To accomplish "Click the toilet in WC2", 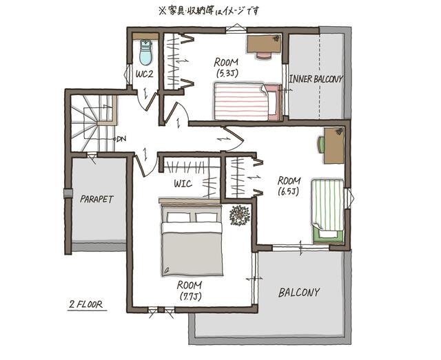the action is pyautogui.click(x=146, y=52).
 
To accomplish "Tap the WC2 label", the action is pyautogui.click(x=145, y=74).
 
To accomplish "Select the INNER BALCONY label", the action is pyautogui.click(x=316, y=79).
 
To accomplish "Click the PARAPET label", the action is pyautogui.click(x=96, y=199).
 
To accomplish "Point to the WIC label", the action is pyautogui.click(x=183, y=184).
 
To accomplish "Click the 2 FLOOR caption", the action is pyautogui.click(x=86, y=304).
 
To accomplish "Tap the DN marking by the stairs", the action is pyautogui.click(x=121, y=138).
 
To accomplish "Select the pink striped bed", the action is pyautogui.click(x=248, y=101).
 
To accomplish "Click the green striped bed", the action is pyautogui.click(x=328, y=211).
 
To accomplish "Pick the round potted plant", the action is pyautogui.click(x=240, y=215).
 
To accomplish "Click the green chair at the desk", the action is pyautogui.click(x=321, y=145).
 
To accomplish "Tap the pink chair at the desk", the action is pyautogui.click(x=264, y=55).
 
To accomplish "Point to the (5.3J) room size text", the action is pyautogui.click(x=227, y=74).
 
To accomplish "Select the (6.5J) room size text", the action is pyautogui.click(x=289, y=191).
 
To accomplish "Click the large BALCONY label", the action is pyautogui.click(x=299, y=293).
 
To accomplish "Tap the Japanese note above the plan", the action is pyautogui.click(x=209, y=11).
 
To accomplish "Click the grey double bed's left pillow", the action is pyautogui.click(x=178, y=217).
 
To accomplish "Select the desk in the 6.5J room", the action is pyautogui.click(x=334, y=145).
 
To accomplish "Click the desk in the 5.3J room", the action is pyautogui.click(x=264, y=44).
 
